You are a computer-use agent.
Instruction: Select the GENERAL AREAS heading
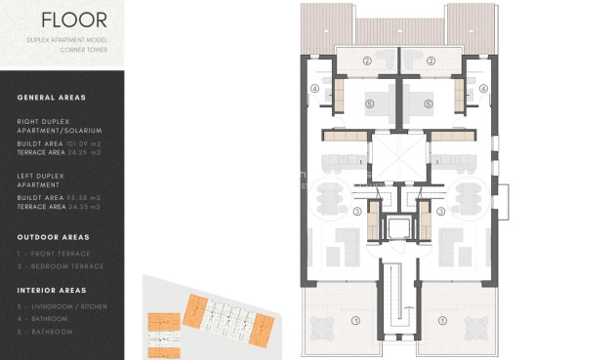51,98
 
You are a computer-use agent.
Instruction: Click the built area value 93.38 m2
82,198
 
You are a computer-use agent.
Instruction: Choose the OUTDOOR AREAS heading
54,237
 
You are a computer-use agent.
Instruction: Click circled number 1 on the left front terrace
355,320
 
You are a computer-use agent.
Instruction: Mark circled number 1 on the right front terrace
442,320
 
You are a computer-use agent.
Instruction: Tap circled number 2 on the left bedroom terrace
367,60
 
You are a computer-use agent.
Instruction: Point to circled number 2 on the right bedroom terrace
430,60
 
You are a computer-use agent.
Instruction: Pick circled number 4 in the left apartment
315,88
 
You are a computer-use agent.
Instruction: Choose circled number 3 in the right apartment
441,211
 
